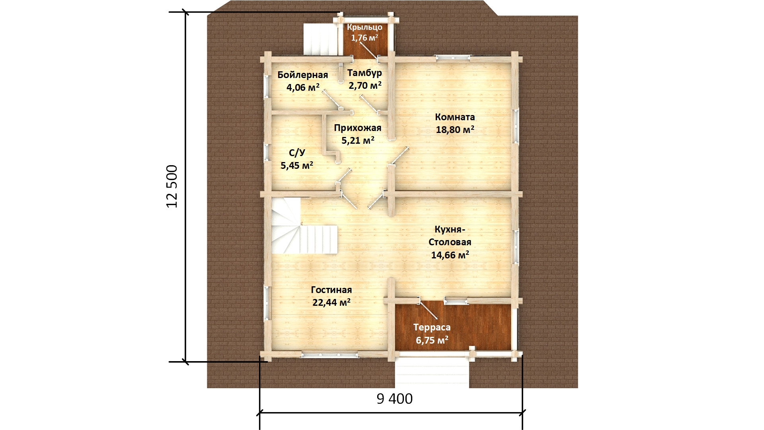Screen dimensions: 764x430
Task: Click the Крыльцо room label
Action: (x=364, y=27)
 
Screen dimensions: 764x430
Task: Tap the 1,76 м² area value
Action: (x=364, y=38)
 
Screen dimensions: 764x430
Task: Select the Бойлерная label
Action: (x=303, y=75)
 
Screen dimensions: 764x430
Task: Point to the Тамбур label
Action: (x=364, y=73)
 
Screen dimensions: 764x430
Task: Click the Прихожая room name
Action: (x=358, y=128)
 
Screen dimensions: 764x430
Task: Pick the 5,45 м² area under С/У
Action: (x=297, y=165)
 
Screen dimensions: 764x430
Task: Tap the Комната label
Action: (x=455, y=117)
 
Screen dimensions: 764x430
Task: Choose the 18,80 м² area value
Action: (x=455, y=130)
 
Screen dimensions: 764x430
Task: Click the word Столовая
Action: (x=450, y=242)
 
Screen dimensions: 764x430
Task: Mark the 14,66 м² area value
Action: (x=450, y=255)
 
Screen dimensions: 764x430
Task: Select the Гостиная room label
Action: (x=331, y=290)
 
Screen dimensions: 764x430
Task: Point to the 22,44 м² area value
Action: (x=331, y=303)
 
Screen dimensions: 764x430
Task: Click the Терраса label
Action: (x=432, y=328)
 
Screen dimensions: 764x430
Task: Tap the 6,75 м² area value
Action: (x=432, y=340)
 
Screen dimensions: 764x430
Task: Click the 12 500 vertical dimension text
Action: (x=172, y=186)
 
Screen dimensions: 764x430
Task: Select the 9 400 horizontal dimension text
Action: (x=394, y=399)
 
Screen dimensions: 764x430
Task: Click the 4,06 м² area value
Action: (x=303, y=87)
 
